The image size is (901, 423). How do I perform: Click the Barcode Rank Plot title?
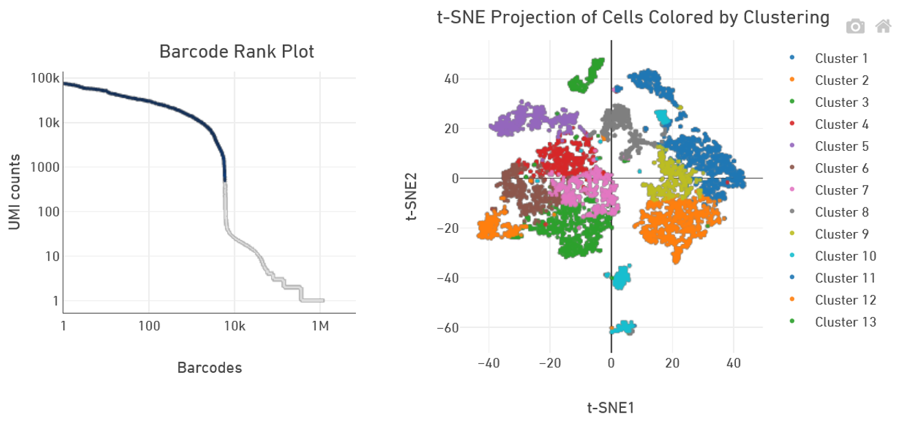[236, 52]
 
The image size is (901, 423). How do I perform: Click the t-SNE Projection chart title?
[633, 18]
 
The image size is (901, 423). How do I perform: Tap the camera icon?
[855, 27]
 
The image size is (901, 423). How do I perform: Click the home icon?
[883, 27]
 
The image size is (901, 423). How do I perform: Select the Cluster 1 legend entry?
[841, 59]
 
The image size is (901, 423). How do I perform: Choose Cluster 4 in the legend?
[841, 125]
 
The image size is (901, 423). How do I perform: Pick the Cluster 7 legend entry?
[841, 190]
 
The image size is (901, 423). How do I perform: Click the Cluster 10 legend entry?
[845, 256]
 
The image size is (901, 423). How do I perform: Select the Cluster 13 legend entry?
[845, 322]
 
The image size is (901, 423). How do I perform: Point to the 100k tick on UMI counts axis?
[45, 79]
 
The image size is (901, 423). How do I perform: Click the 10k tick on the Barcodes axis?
[234, 325]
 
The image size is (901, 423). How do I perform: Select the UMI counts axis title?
[16, 192]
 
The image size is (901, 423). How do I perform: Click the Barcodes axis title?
[209, 368]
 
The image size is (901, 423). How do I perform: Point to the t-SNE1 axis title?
[610, 408]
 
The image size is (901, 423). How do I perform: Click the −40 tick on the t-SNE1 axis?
[488, 362]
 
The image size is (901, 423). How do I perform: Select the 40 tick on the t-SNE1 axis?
[734, 362]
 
